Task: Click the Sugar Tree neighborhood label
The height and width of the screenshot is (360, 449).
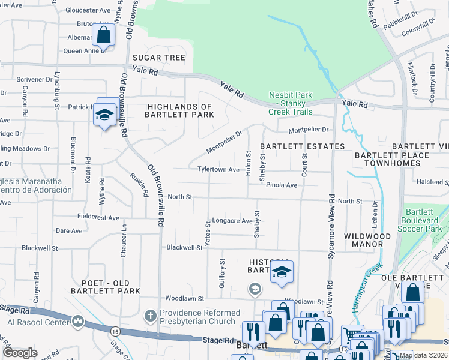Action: [159, 58]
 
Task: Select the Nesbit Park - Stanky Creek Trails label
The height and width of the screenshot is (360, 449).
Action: [291, 103]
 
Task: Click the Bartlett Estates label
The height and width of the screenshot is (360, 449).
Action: [302, 146]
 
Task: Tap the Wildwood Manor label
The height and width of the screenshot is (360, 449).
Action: [367, 241]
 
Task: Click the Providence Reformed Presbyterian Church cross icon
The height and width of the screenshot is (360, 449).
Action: [151, 314]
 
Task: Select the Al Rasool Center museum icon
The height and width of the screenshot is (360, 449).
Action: [78, 322]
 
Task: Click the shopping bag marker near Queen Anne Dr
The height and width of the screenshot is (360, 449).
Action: [103, 35]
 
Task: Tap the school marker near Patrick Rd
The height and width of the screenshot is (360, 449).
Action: [105, 115]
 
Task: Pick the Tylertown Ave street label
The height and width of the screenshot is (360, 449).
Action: [219, 170]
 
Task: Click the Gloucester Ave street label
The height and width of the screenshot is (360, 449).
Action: [89, 10]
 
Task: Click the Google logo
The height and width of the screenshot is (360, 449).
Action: [20, 353]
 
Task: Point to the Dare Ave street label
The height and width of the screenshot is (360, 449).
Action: [69, 231]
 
